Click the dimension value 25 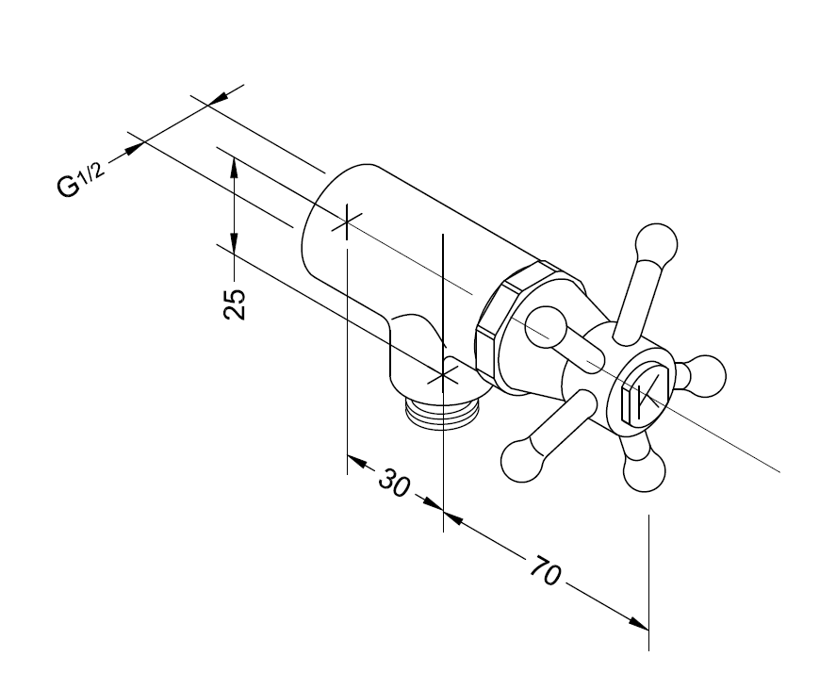point(235,303)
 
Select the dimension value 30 point(395,484)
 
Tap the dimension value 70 point(546,570)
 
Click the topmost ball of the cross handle point(656,244)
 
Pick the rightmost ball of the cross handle point(705,376)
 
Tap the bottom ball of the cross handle point(644,471)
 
